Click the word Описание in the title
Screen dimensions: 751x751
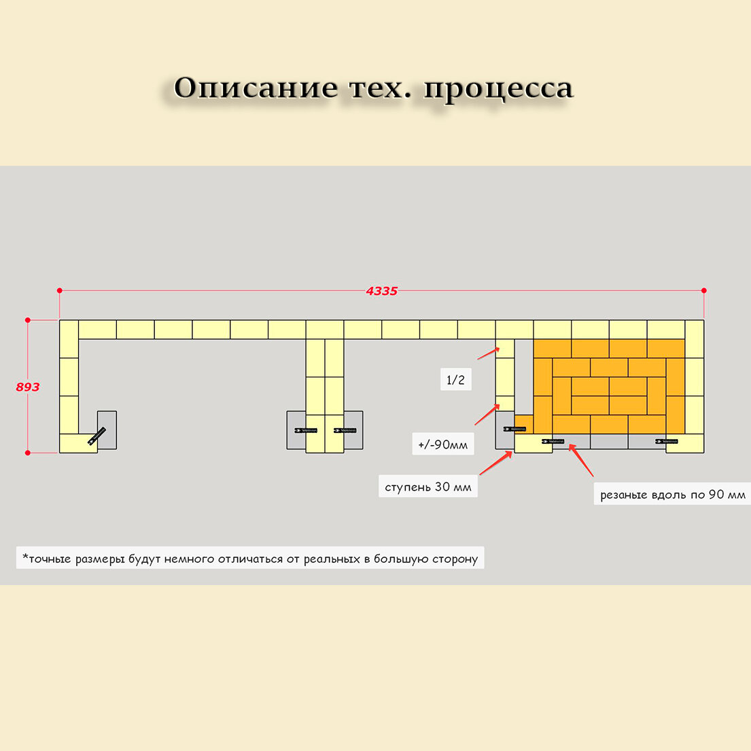point(256,88)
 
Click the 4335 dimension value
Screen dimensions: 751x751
point(381,291)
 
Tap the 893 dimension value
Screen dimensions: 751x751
point(28,387)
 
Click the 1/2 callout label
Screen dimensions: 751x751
point(455,379)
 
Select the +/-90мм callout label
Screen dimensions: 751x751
point(443,444)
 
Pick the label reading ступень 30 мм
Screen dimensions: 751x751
point(427,487)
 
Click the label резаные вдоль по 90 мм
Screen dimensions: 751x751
point(672,494)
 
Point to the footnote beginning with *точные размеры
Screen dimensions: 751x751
point(250,559)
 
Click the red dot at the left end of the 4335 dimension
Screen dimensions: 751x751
point(60,290)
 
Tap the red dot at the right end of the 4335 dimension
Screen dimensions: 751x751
point(703,290)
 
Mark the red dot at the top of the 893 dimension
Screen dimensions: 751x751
point(28,319)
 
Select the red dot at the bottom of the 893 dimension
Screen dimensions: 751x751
point(28,452)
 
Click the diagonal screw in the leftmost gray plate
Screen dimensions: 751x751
point(97,436)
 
